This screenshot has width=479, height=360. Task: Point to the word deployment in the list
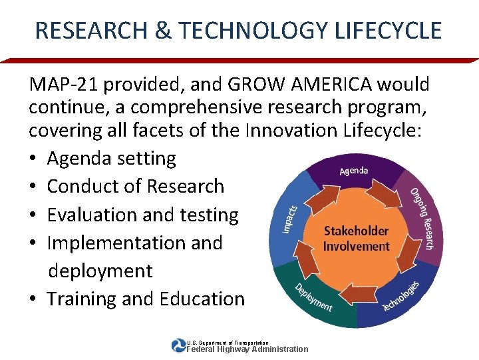(100, 271)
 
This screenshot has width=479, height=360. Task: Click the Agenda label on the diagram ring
(353, 171)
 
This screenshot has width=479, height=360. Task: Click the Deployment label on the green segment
(313, 297)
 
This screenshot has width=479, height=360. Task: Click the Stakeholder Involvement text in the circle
(355, 239)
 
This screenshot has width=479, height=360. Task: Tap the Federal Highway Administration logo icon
(178, 345)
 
